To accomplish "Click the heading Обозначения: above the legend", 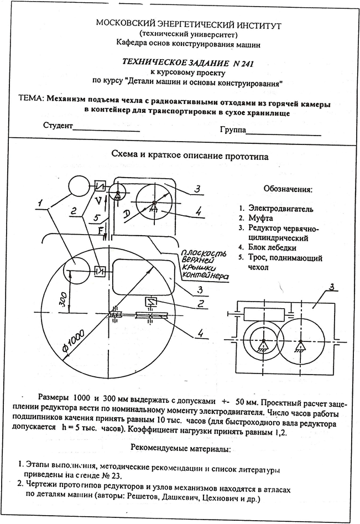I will tap(288, 189).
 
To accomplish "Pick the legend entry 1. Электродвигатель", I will tap(276, 209).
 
